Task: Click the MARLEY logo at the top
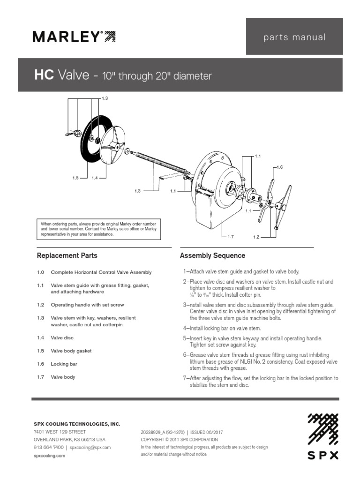click(x=74, y=37)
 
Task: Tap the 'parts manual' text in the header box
click(x=294, y=37)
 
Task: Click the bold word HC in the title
click(x=44, y=75)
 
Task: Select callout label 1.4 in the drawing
click(x=95, y=178)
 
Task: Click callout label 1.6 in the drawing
click(x=280, y=167)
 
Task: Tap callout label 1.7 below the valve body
click(x=230, y=237)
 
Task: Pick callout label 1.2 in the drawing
click(x=256, y=237)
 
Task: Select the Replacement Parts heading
click(x=67, y=256)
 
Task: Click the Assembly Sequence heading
click(x=212, y=256)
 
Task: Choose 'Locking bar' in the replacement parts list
click(x=64, y=364)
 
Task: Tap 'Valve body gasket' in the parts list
click(x=71, y=351)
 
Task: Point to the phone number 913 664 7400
click(x=48, y=448)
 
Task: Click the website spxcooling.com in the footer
click(x=49, y=456)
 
